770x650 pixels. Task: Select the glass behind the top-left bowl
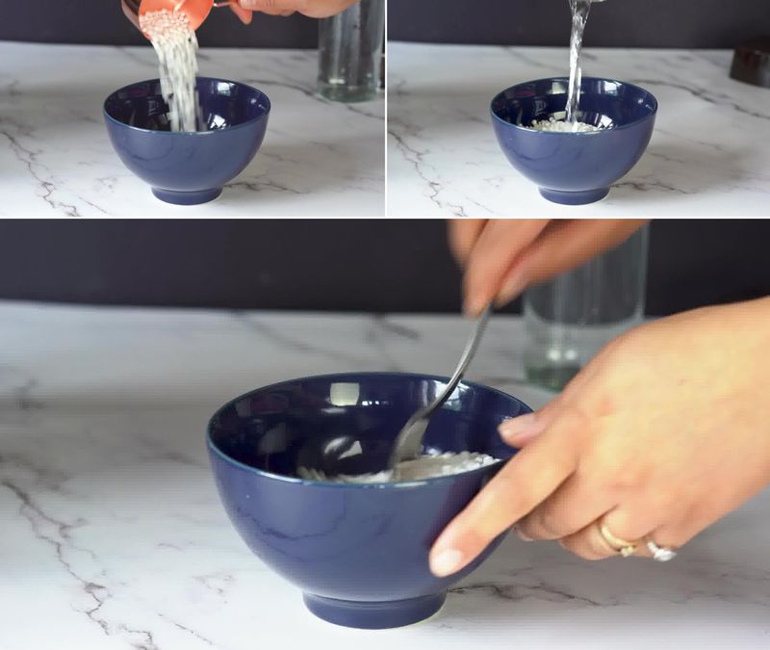351,53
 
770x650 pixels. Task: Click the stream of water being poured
577,58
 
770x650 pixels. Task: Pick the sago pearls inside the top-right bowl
563,125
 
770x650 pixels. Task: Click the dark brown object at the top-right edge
750,63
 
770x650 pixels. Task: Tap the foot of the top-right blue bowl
574,195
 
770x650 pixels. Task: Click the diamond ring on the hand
660,551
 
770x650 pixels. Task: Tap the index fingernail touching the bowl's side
447,560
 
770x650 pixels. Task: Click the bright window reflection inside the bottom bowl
344,394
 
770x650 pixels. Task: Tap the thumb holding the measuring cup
243,12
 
